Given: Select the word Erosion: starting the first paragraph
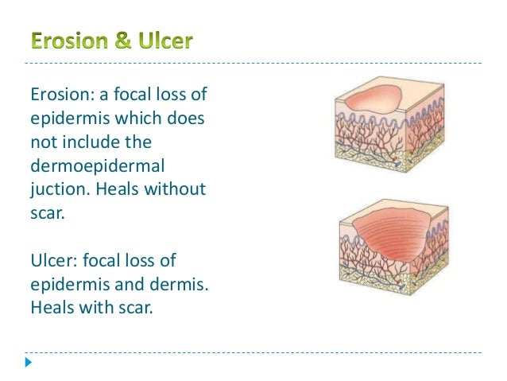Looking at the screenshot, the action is pos(60,95).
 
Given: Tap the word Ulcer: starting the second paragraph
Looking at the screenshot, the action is pos(53,261).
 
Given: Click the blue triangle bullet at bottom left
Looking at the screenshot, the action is pos(29,363).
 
